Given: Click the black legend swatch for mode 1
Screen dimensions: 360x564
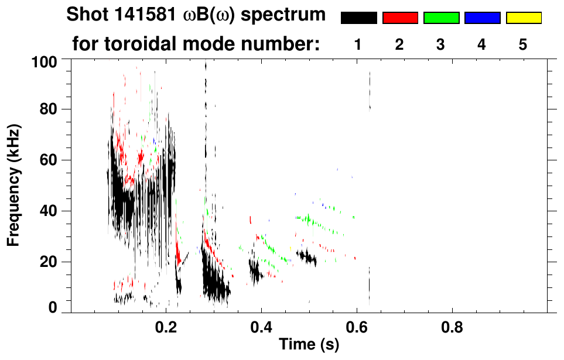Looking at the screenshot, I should pos(358,18).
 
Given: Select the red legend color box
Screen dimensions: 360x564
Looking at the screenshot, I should pos(400,18).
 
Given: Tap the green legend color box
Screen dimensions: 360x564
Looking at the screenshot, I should pos(441,18).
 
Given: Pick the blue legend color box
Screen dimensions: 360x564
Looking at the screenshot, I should pos(482,18).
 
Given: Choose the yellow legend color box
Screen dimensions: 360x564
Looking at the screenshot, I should pos(523,18).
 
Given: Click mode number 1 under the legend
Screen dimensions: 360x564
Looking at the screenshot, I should pos(358,44).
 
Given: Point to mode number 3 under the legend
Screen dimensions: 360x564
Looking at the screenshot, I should pos(441,44).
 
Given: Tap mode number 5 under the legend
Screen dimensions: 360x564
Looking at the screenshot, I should pos(523,44).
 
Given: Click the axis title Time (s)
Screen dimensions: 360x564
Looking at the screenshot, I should pos(309,345).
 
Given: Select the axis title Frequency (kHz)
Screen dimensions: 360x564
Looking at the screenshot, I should pos(14,184).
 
